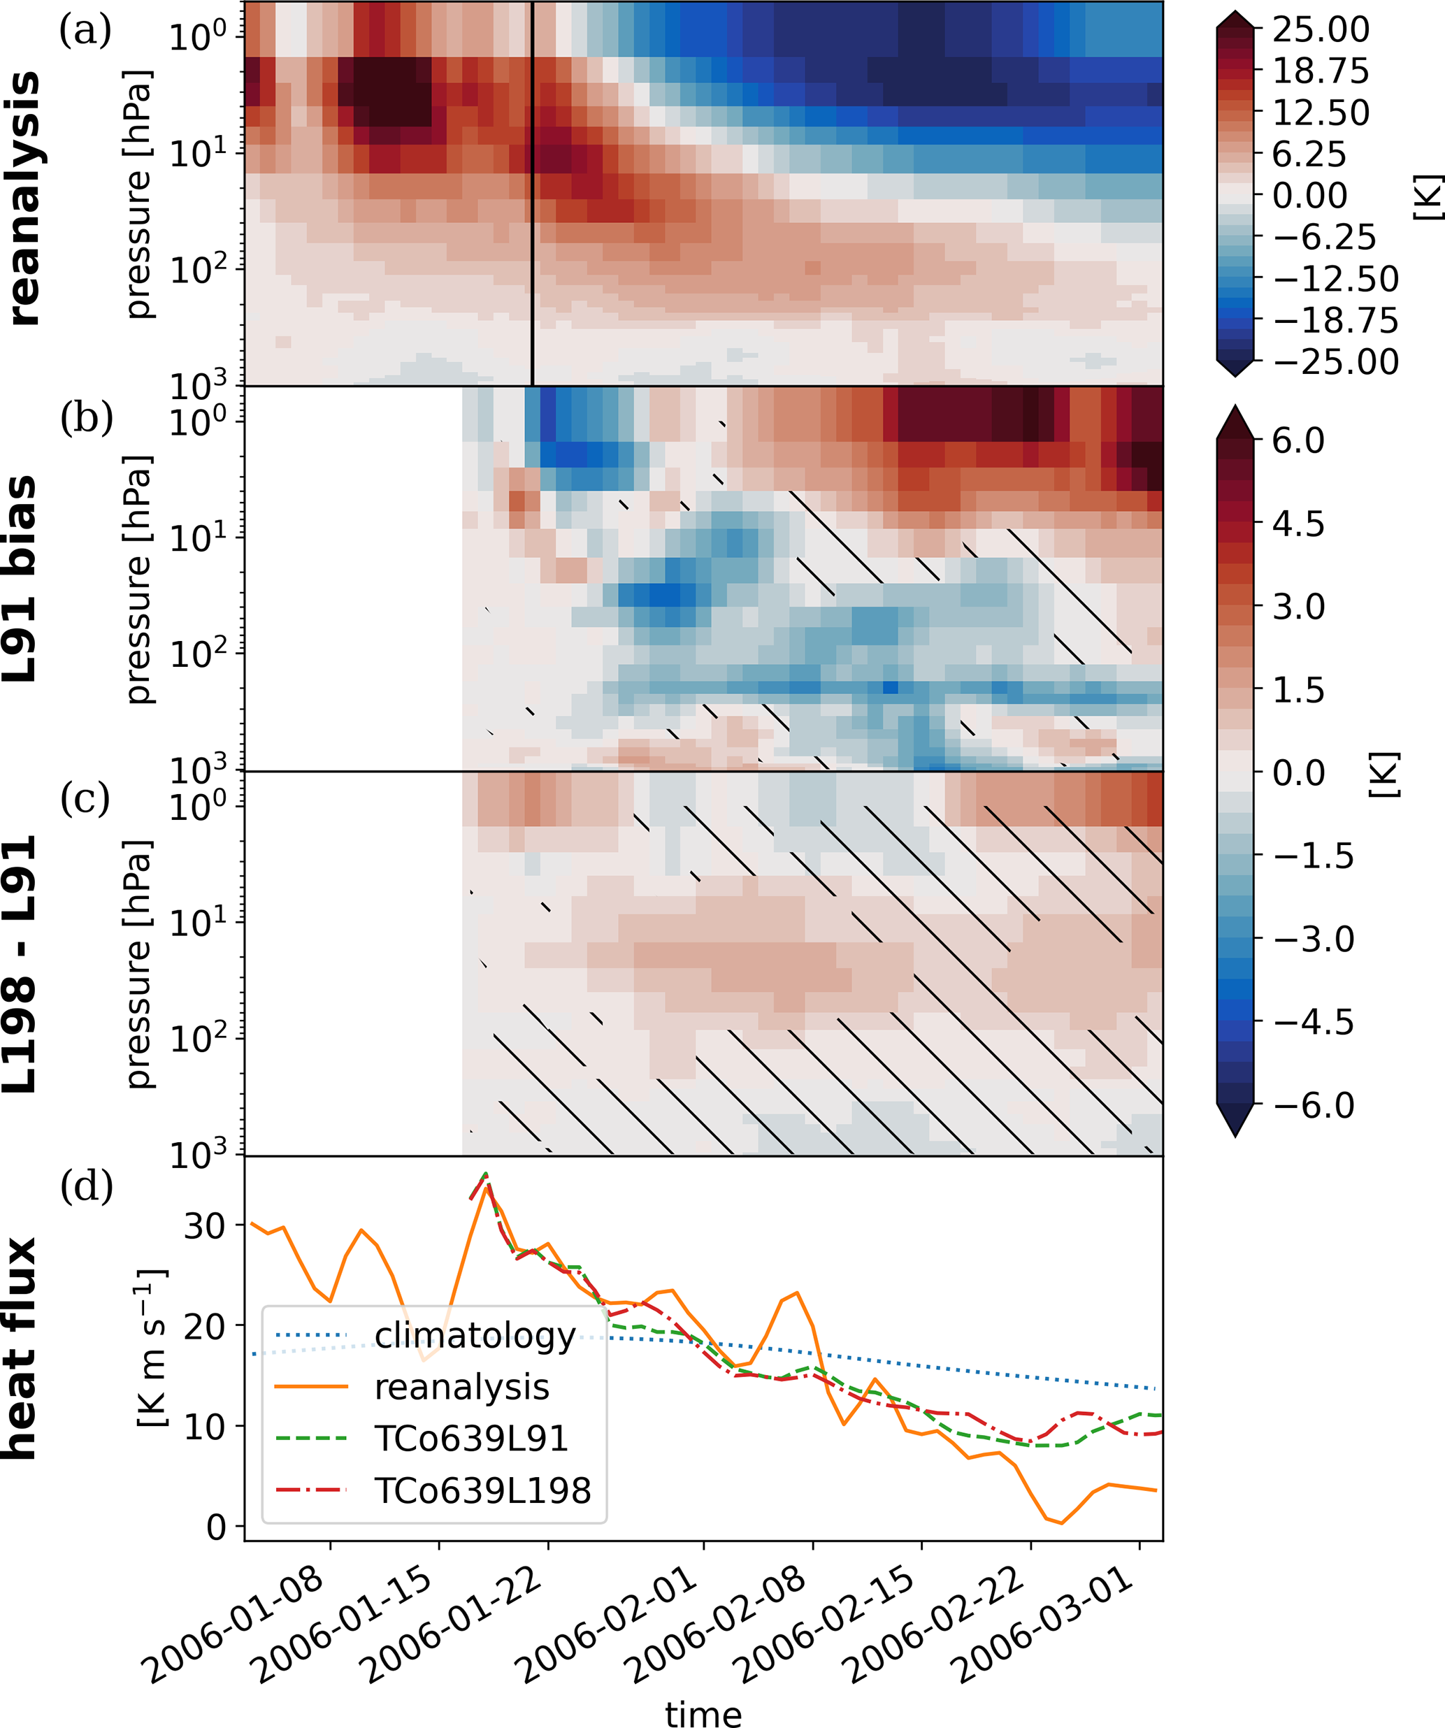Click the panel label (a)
coord(85,31)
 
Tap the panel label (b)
coord(85,417)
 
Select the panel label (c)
coord(85,798)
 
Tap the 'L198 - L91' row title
coord(20,963)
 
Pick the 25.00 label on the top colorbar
coord(1321,29)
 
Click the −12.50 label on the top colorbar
coord(1335,279)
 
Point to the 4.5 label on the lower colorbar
coord(1298,524)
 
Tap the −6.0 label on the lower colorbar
coord(1314,1105)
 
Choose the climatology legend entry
coord(475,1334)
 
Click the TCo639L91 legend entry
coord(470,1439)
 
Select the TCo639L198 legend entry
coord(482,1490)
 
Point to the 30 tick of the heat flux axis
coord(204,1225)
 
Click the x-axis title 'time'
coord(703,1713)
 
